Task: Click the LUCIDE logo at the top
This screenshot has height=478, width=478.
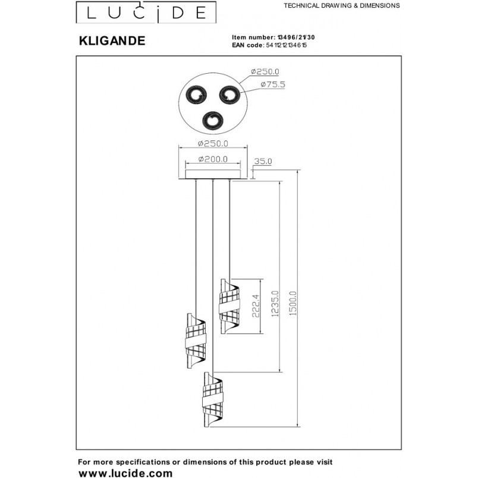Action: point(146,12)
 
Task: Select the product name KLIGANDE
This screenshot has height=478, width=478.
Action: point(112,41)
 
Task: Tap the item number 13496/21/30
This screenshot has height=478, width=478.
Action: point(295,37)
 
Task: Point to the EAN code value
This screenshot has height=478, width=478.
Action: point(286,45)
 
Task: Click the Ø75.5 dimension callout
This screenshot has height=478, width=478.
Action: point(273,84)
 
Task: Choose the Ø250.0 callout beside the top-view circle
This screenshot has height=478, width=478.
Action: point(265,71)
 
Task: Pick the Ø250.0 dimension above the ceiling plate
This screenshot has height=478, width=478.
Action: point(213,143)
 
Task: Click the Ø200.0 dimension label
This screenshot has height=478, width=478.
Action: point(213,159)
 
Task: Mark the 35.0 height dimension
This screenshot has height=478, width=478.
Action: point(263,161)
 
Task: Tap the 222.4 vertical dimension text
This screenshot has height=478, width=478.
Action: point(256,306)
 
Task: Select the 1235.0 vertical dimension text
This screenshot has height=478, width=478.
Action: point(275,304)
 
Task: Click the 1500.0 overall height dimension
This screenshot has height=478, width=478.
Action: point(293,303)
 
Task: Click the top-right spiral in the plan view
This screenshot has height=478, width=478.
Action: point(230,95)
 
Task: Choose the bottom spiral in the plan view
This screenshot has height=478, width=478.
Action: point(213,122)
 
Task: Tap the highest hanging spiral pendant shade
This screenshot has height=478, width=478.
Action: point(229,307)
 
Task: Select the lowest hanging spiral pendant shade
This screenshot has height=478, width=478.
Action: point(213,400)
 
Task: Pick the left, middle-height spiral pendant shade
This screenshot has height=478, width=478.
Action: point(196,341)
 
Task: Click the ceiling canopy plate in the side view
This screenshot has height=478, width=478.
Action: point(213,175)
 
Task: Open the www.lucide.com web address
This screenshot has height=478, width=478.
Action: point(125,473)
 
